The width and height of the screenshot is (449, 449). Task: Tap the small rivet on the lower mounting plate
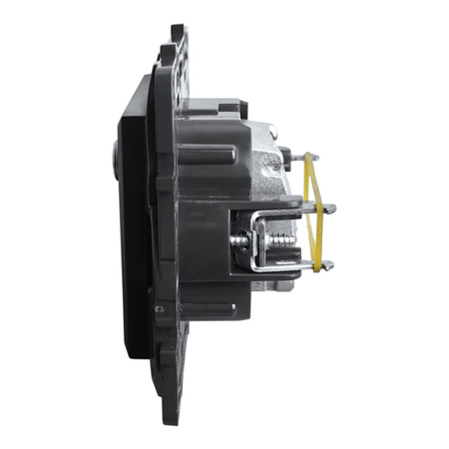coord(159,308)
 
